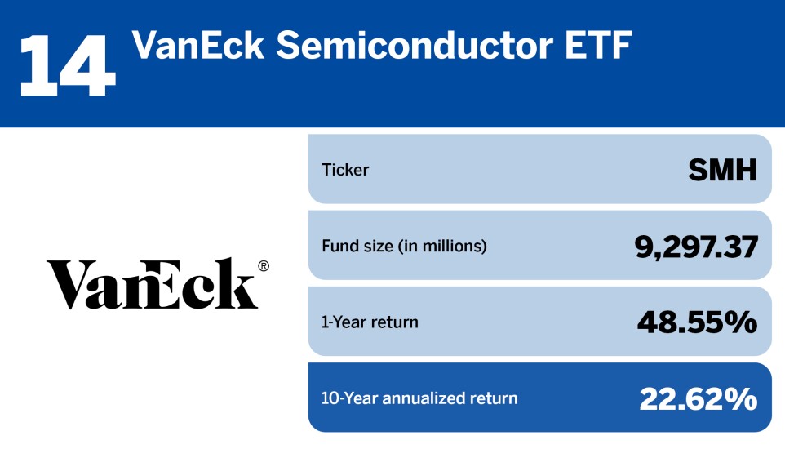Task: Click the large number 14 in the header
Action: pos(68,65)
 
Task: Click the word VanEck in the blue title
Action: pos(198,45)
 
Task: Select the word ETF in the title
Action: pos(599,45)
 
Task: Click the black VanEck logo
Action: pos(157,283)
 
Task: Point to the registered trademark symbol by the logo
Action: pos(264,266)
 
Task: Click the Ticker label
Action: pos(345,170)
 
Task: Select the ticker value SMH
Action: pos(722,170)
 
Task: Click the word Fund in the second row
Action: pos(341,246)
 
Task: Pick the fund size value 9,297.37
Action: pos(696,247)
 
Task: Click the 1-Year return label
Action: pos(370,322)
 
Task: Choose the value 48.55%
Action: pos(698,322)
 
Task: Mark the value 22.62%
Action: pos(699,399)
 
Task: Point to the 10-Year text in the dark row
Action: pos(349,398)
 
